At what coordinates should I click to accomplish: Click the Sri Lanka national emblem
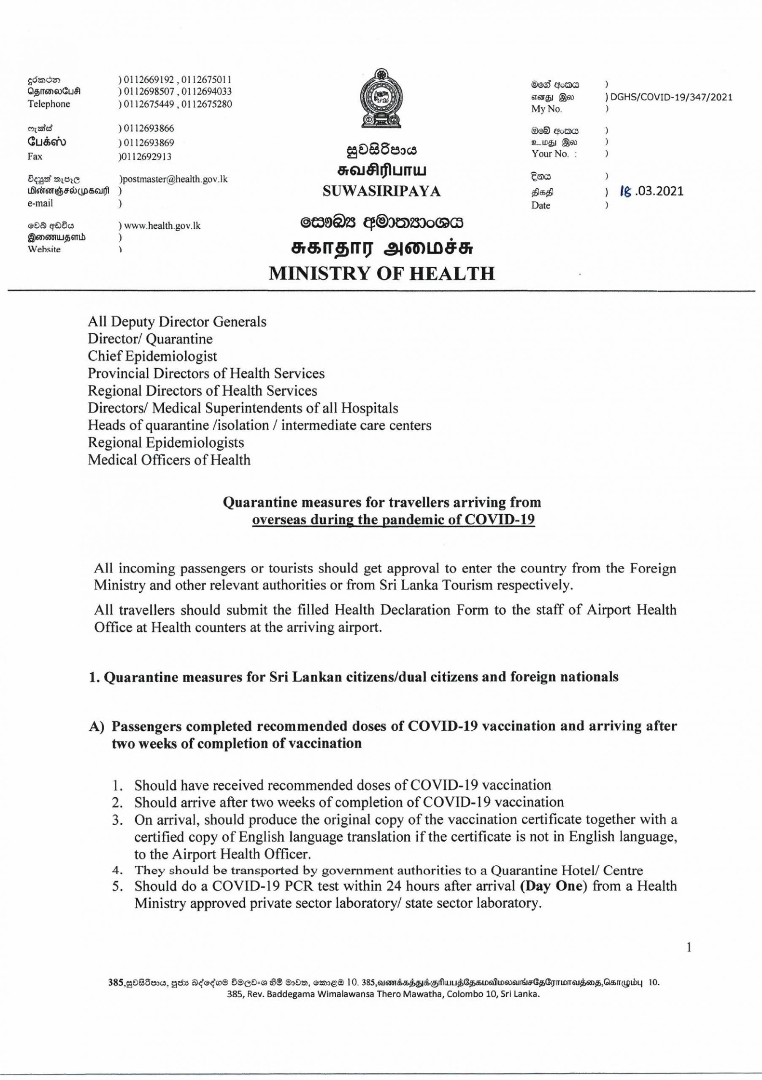pyautogui.click(x=381, y=100)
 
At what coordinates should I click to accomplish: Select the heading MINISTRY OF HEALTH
pyautogui.click(x=381, y=274)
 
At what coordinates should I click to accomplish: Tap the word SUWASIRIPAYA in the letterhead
pyautogui.click(x=381, y=192)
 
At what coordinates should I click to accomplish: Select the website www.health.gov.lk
pyautogui.click(x=162, y=226)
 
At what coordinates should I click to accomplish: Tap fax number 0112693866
pyautogui.click(x=146, y=128)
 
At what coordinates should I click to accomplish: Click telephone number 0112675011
pyautogui.click(x=206, y=79)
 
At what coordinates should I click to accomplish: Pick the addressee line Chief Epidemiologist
pyautogui.click(x=152, y=356)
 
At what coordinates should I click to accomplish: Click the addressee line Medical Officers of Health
pyautogui.click(x=169, y=459)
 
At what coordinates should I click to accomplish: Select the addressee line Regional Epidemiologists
pyautogui.click(x=165, y=442)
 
